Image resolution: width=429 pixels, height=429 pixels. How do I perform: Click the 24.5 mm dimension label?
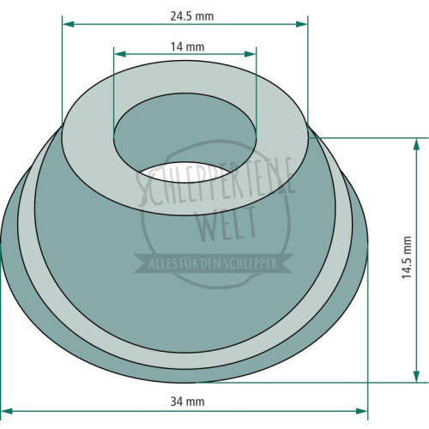click(192, 16)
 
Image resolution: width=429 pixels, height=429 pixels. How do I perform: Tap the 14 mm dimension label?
click(188, 47)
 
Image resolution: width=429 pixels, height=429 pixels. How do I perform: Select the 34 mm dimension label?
click(187, 402)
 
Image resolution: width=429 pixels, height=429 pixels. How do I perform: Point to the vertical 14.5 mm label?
click(407, 257)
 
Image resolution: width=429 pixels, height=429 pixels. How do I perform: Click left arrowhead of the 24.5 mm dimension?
click(69, 24)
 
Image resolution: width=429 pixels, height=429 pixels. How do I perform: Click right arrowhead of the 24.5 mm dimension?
click(302, 24)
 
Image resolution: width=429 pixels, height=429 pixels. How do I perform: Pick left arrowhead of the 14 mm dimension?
click(120, 54)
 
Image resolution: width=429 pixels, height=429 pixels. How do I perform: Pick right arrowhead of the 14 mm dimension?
click(251, 54)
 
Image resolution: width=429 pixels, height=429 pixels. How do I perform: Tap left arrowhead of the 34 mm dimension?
click(7, 411)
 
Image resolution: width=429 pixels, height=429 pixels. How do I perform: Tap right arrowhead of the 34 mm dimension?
click(361, 411)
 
